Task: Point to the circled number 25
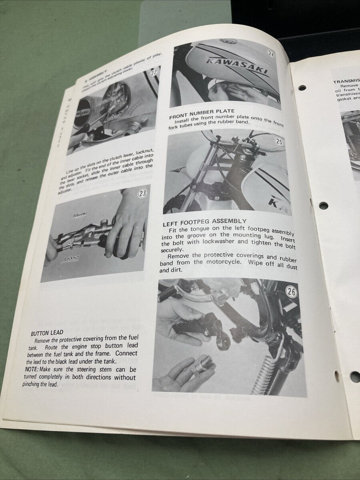[x=280, y=142]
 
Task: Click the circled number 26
[x=292, y=292]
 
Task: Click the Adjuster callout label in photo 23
[x=80, y=214]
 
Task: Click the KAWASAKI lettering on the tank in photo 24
[x=236, y=66]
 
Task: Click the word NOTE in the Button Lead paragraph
[x=31, y=370]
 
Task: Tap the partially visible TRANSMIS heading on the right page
[x=346, y=82]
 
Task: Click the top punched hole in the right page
[x=302, y=88]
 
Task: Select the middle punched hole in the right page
[x=323, y=206]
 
